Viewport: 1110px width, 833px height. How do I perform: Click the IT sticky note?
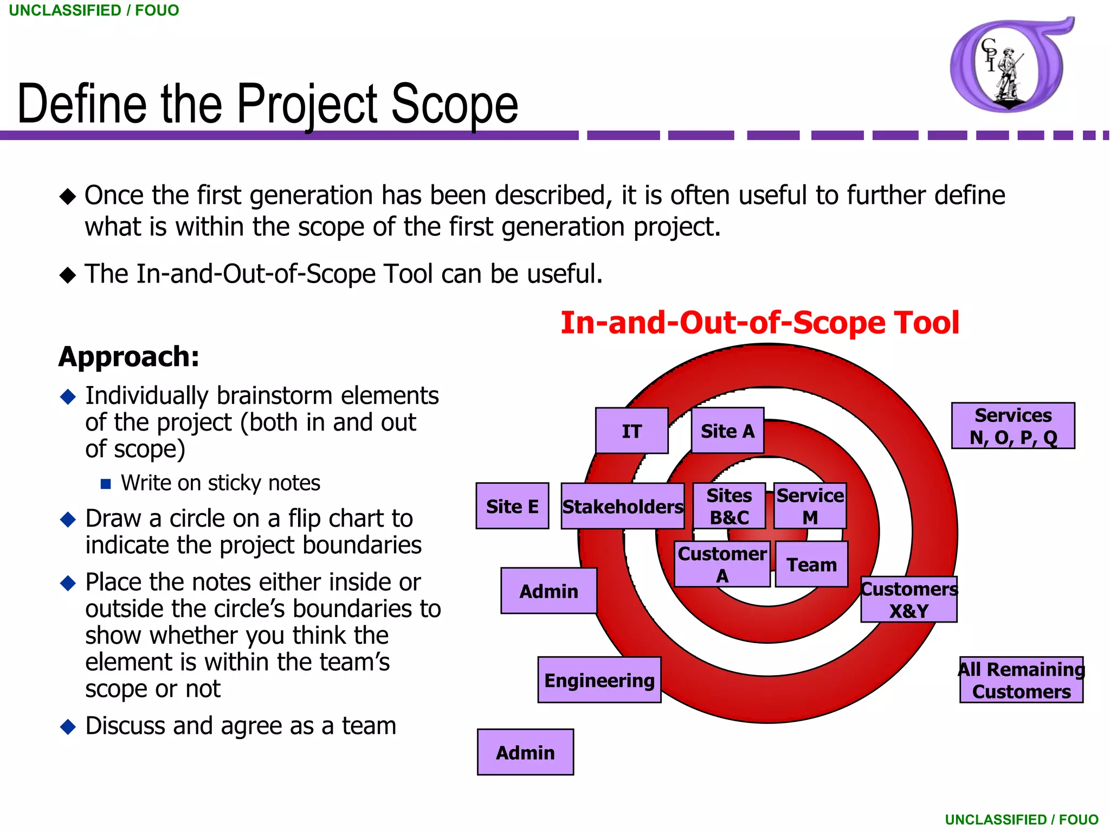point(631,431)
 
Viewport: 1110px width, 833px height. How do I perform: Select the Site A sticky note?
point(727,431)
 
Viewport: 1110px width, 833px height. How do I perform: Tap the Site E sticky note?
point(512,505)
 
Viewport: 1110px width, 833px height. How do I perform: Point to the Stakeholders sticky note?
point(622,506)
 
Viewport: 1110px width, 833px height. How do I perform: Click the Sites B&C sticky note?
point(729,506)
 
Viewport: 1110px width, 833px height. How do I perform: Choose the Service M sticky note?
point(810,506)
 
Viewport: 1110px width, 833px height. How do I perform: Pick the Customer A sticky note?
point(722,564)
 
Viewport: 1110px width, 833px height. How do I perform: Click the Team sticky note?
point(811,564)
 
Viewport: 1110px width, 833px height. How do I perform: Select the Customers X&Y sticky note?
point(909,599)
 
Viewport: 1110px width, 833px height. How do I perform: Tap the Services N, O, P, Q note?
point(1013,426)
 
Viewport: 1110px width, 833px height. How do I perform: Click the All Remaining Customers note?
point(1021,680)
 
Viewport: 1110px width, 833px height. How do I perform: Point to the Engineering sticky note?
point(599,680)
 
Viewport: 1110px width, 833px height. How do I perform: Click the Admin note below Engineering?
point(525,752)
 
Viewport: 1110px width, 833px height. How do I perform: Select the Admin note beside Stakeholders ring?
point(548,591)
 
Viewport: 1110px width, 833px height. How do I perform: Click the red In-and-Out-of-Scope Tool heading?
point(759,323)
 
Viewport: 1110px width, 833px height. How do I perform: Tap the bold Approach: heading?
point(129,357)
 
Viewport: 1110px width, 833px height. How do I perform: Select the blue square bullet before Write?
point(106,483)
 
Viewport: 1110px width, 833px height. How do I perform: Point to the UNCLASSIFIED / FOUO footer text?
point(1021,819)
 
